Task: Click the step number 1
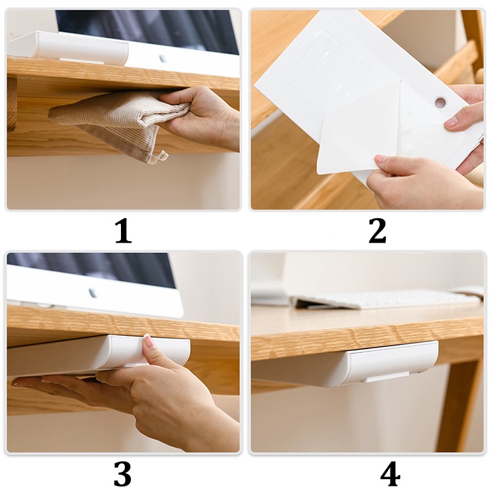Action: pyautogui.click(x=122, y=231)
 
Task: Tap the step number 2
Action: pyautogui.click(x=377, y=231)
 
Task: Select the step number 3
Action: pyautogui.click(x=122, y=474)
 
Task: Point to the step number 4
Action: pyautogui.click(x=389, y=474)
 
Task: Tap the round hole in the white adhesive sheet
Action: pyautogui.click(x=440, y=103)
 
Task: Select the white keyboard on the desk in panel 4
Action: pyautogui.click(x=388, y=298)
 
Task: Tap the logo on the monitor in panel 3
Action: pyautogui.click(x=92, y=293)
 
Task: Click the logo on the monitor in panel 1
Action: pyautogui.click(x=162, y=59)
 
